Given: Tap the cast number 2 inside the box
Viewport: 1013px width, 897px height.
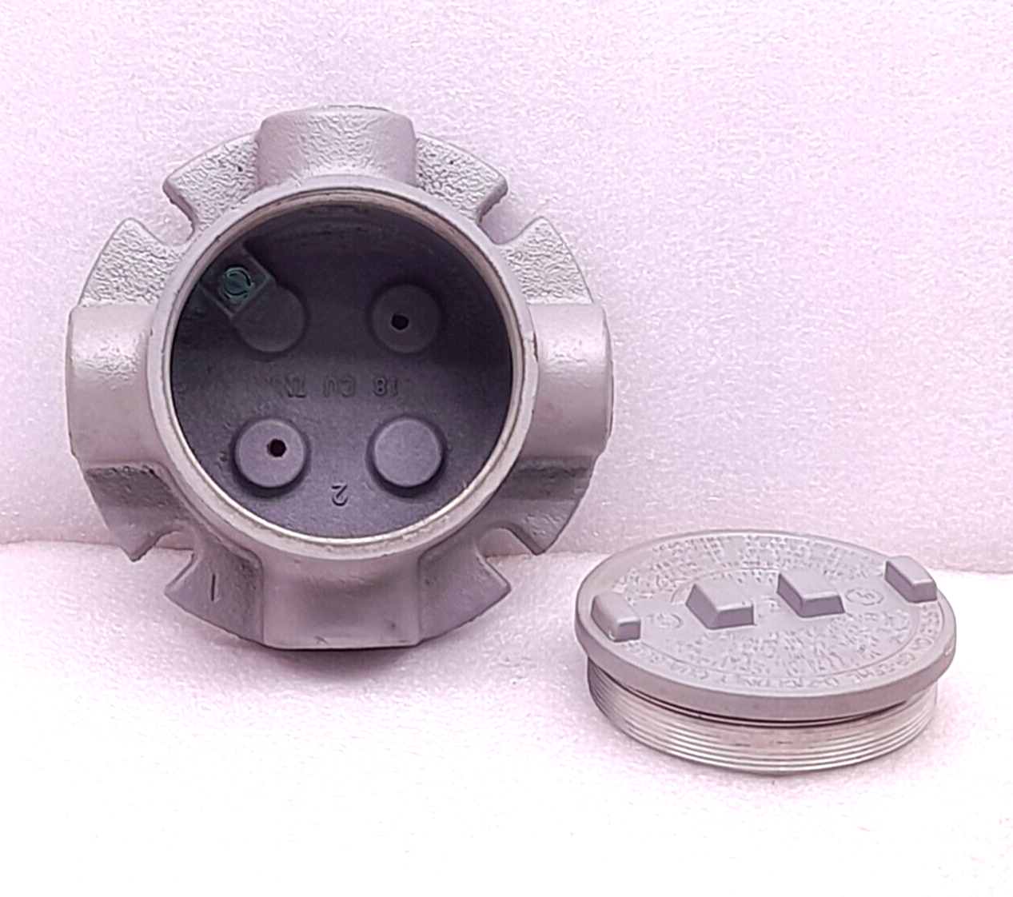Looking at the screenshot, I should click(x=341, y=495).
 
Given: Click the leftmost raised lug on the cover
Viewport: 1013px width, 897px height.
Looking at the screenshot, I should click(x=615, y=615).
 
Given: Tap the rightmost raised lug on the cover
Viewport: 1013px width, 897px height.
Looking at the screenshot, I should click(x=911, y=578).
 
